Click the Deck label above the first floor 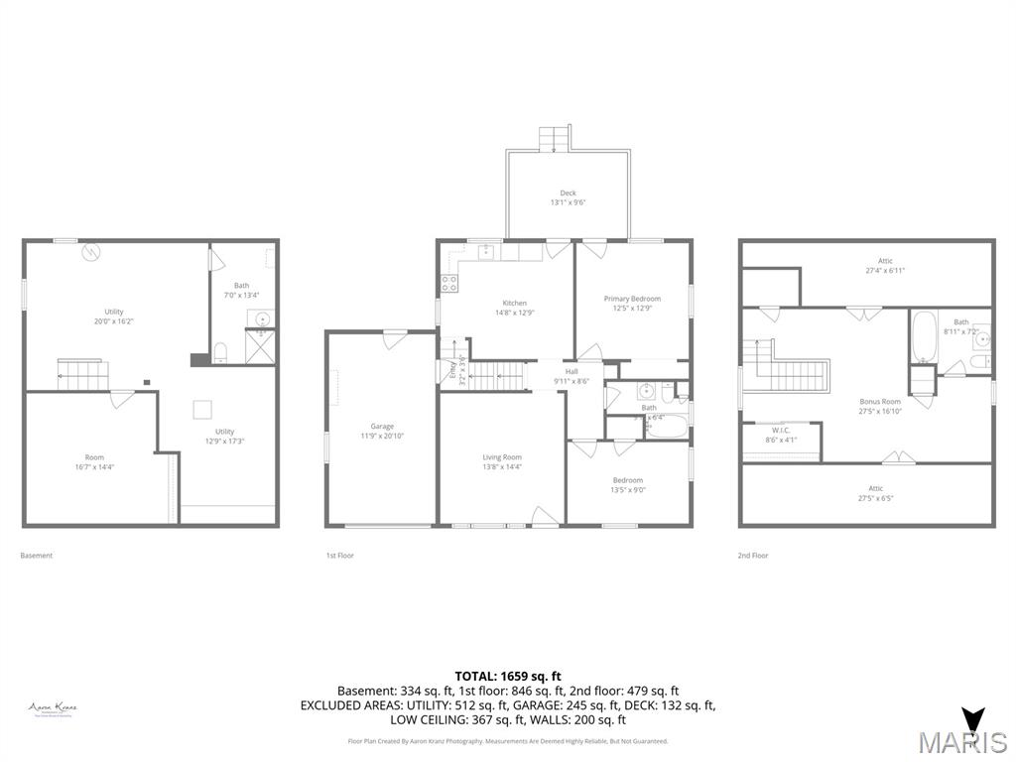[568, 197]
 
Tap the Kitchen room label [514, 308]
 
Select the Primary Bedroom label [632, 303]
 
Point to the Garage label [382, 431]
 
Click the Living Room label [501, 461]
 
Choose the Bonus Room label [880, 407]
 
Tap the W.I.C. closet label [781, 435]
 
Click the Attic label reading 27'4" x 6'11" [886, 265]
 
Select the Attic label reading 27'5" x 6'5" [876, 493]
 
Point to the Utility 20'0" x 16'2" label [114, 317]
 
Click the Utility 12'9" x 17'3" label [225, 437]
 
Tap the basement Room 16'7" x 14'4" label [94, 461]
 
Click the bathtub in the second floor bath [923, 338]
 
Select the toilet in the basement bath [220, 351]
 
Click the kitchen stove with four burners [448, 284]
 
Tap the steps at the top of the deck [555, 138]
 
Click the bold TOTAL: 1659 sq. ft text [508, 676]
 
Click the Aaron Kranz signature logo [53, 708]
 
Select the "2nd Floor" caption [753, 556]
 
